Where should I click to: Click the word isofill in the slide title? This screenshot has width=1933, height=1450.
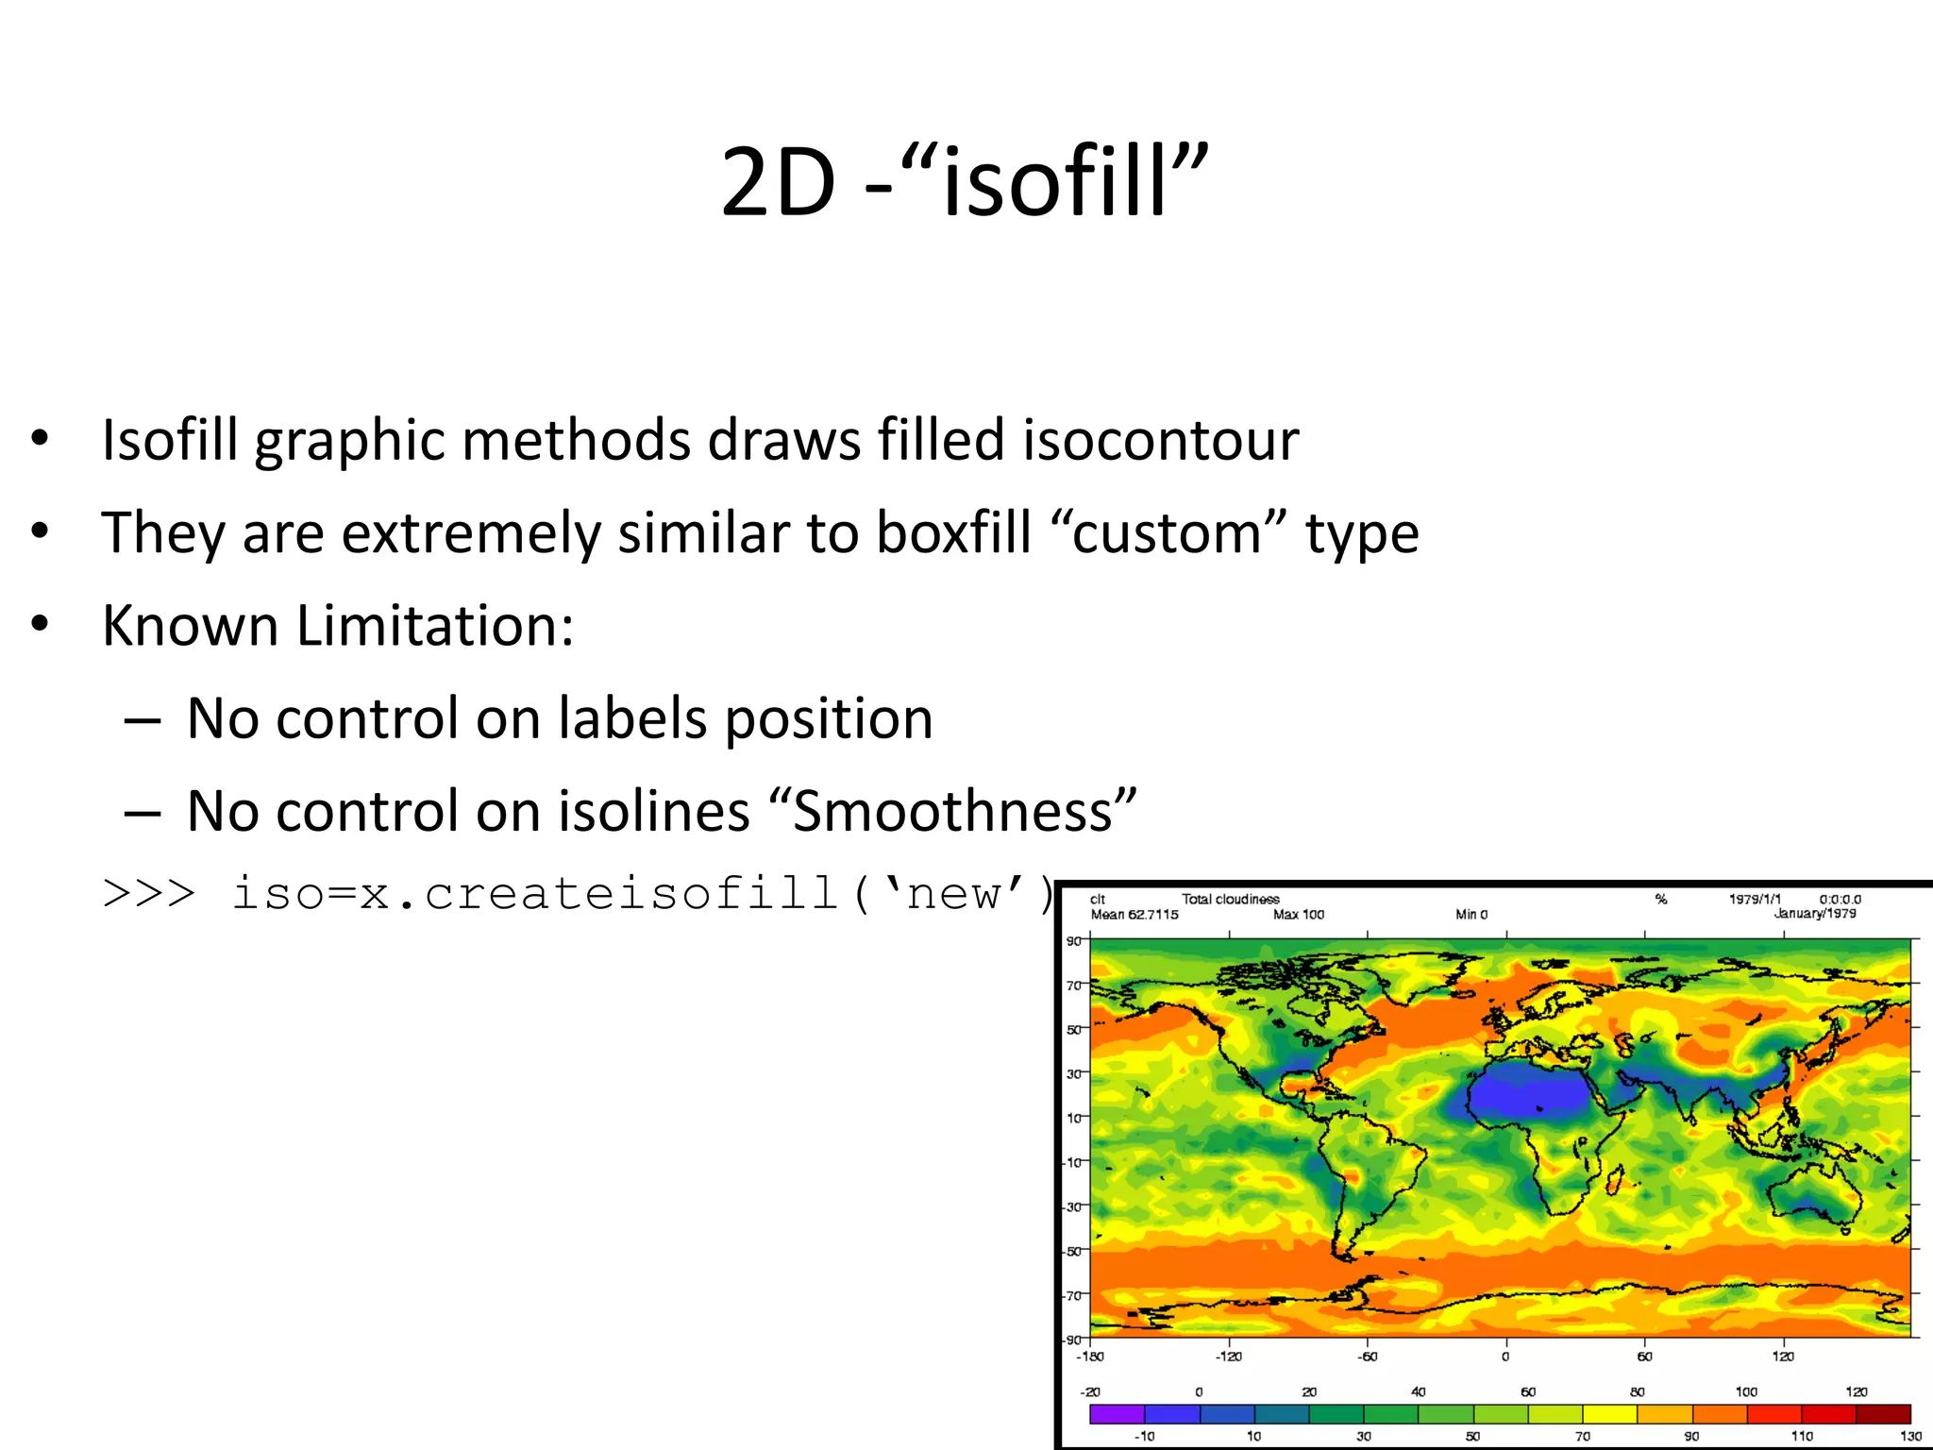click(1055, 181)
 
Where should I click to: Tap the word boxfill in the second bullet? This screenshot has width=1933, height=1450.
click(953, 532)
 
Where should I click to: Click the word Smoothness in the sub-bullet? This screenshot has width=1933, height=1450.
click(952, 811)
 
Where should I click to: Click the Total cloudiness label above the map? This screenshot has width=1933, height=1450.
click(1230, 899)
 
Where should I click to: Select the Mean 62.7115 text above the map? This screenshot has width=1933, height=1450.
click(1135, 914)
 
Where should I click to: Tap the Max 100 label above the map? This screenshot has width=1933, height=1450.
click(1299, 914)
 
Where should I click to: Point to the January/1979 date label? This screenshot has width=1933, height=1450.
click(1814, 913)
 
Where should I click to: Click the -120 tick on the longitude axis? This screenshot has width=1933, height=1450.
click(1229, 1357)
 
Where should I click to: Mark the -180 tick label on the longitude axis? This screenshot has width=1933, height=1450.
click(1090, 1357)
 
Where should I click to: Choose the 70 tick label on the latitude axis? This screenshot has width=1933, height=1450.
click(1074, 986)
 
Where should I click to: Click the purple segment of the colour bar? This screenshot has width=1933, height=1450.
click(1117, 1413)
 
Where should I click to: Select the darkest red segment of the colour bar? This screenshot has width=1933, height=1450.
click(1883, 1413)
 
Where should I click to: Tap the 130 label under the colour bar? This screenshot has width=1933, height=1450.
click(1910, 1436)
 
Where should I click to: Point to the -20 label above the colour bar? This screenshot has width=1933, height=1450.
click(1090, 1391)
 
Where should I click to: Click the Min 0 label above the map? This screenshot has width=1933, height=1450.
click(1471, 914)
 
